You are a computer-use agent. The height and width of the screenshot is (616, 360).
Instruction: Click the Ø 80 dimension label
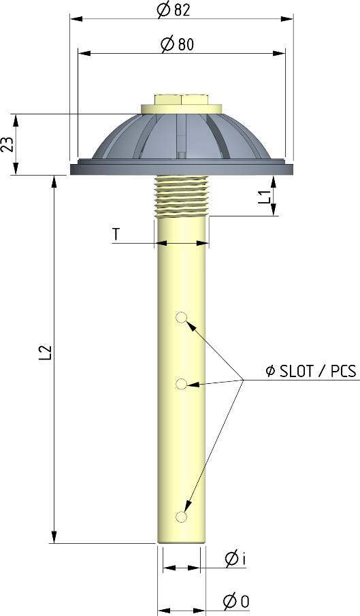176,44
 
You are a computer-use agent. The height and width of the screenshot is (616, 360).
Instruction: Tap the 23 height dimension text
7,144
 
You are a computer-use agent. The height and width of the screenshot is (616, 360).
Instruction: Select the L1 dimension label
265,197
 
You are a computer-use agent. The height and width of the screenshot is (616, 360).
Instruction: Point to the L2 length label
45,352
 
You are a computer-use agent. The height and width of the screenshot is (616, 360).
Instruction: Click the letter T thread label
116,234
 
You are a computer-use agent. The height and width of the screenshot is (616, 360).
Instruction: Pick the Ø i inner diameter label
235,559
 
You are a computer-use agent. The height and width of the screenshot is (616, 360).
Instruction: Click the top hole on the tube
181,317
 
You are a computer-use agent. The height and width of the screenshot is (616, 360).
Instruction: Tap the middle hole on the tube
181,385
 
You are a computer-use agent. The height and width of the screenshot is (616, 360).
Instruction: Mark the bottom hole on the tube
181,517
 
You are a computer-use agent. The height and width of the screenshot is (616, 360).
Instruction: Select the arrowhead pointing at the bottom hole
186,509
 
